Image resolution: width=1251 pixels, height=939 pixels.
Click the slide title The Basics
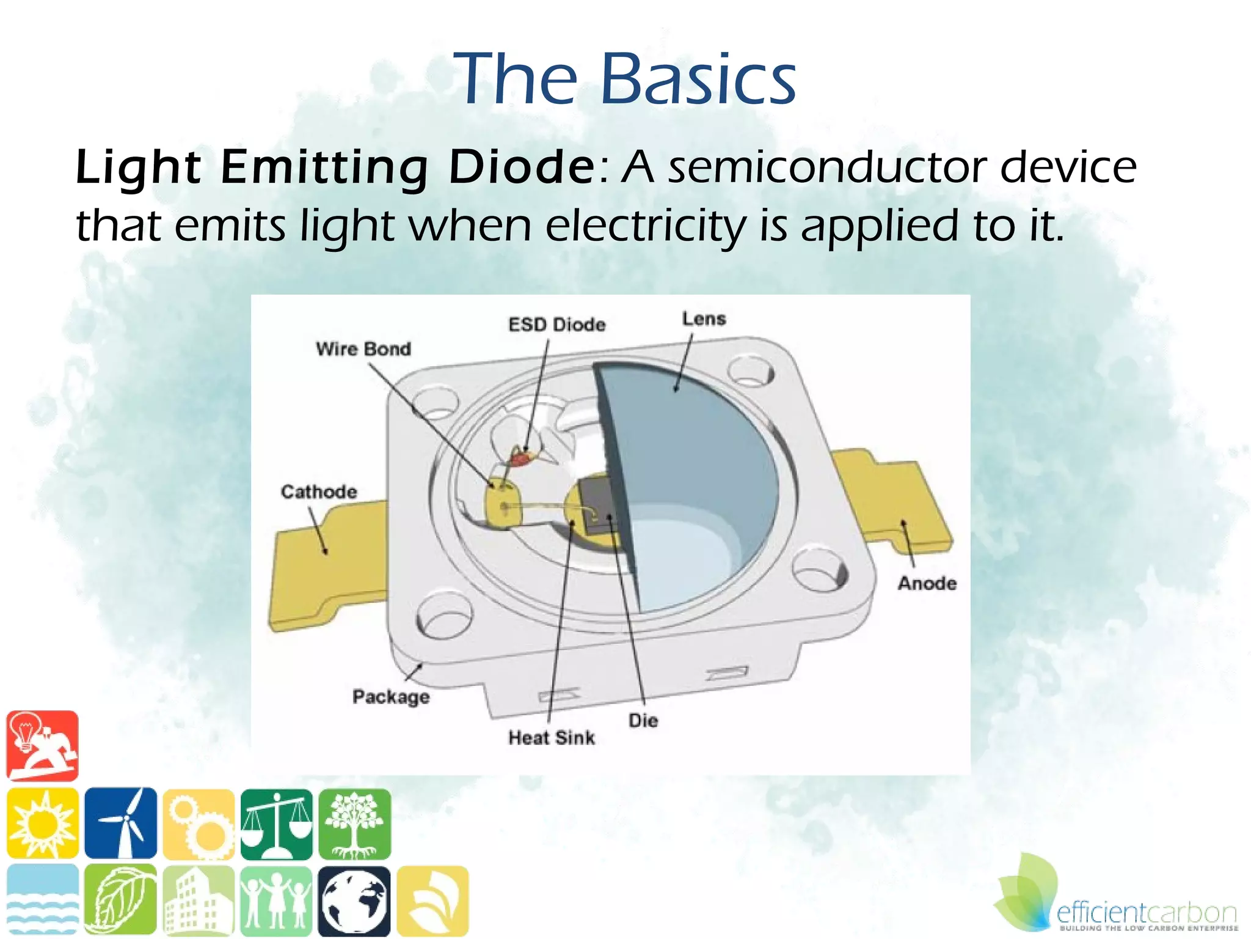[x=624, y=79]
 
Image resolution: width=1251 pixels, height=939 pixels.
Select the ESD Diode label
[x=556, y=325]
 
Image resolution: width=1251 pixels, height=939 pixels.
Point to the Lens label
[x=704, y=319]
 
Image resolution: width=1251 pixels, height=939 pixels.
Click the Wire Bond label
[x=363, y=349]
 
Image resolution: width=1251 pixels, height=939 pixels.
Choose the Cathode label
[x=319, y=492]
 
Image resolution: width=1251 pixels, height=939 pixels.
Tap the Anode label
[x=927, y=584]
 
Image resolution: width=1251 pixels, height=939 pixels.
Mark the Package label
[x=391, y=697]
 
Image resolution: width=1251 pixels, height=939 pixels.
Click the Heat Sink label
[x=552, y=738]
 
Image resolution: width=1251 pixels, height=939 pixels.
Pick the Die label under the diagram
[x=643, y=721]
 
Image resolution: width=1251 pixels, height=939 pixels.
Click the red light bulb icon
[x=43, y=746]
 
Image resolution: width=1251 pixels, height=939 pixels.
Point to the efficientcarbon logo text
[x=1146, y=913]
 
